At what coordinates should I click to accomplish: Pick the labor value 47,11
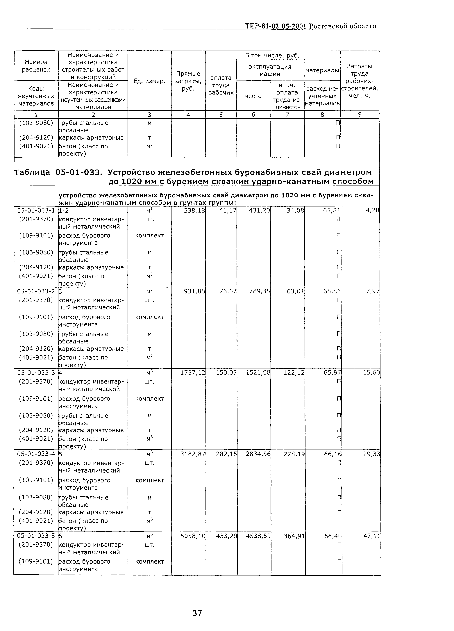(x=371, y=536)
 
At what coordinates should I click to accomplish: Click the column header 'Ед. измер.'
(x=149, y=81)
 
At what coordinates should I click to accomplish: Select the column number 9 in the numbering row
(x=360, y=114)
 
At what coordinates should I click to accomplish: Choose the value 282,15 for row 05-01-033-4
(x=226, y=454)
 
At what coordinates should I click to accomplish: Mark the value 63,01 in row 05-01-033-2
(x=295, y=291)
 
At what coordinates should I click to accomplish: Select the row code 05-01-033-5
(x=36, y=536)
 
